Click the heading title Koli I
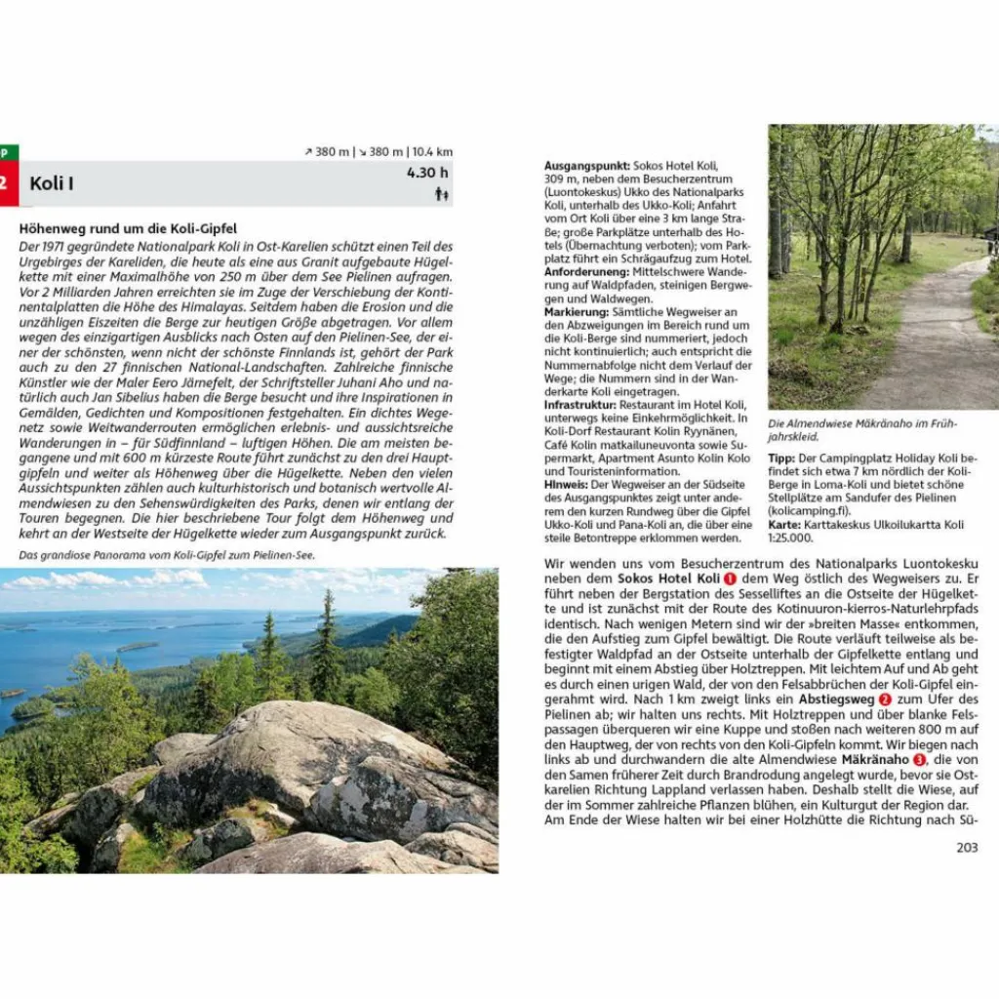pos(52,183)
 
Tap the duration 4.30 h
pos(427,173)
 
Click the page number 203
pos(966,847)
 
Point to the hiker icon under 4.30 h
pos(441,194)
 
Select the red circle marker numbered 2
pos(885,699)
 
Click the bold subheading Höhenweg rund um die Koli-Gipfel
pos(121,228)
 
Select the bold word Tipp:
pos(781,457)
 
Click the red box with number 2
pos(8,183)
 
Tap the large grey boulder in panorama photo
pos(293,761)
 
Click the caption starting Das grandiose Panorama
pos(167,555)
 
